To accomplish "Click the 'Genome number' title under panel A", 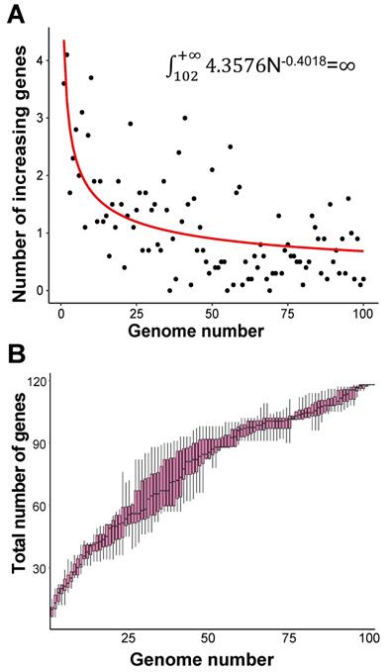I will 210,333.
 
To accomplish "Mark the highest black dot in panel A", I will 66,54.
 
